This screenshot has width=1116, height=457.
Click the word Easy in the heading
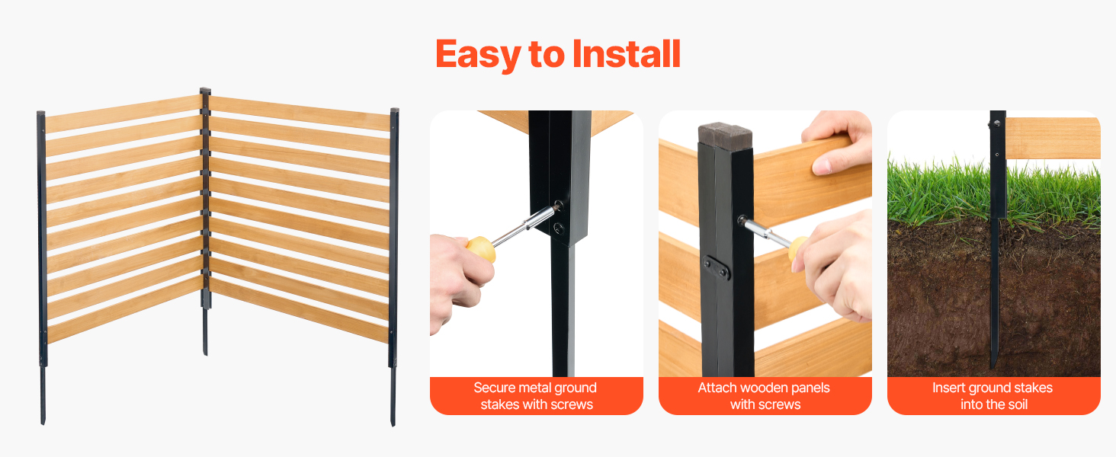pos(478,55)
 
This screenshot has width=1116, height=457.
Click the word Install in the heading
pos(627,54)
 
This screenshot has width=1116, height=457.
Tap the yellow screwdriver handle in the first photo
pos(482,248)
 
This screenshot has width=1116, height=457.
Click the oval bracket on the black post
pos(717,268)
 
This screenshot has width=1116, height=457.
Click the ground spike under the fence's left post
pos(43,396)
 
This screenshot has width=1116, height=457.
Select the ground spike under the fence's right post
pos(393,397)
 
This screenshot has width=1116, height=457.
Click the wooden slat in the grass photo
pos(1053,139)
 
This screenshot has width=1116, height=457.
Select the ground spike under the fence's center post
pos(205,331)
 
